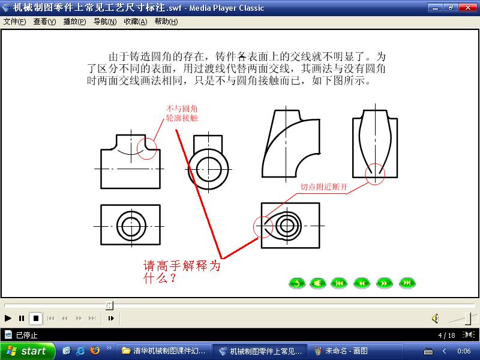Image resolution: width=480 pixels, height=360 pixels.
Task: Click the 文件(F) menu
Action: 14,22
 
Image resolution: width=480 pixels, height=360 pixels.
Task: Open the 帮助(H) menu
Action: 166,22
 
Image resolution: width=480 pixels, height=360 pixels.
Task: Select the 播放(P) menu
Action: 74,22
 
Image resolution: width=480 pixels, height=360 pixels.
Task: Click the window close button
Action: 468,8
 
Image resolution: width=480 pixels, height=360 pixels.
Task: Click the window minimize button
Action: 435,8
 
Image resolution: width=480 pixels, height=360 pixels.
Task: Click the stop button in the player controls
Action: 36,319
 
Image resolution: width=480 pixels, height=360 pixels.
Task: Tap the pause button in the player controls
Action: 22,319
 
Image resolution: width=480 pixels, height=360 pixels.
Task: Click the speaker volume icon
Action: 436,319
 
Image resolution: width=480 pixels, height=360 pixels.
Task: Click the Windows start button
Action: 28,351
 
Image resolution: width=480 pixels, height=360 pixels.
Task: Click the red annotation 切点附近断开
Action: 324,187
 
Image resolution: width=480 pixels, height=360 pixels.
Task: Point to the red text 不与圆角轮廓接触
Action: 182,113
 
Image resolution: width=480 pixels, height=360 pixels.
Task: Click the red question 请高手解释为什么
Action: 182,272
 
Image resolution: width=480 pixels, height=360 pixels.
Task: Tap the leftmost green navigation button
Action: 297,283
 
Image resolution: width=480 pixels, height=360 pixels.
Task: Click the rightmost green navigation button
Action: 407,283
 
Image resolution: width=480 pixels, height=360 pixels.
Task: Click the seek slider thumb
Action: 110,305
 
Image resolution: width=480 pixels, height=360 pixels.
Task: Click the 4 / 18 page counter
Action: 446,335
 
